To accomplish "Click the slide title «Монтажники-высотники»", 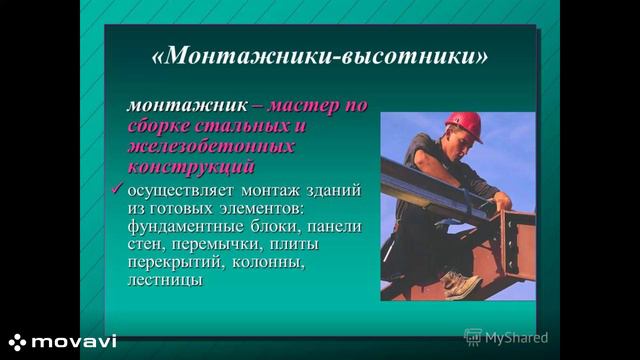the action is point(320,55).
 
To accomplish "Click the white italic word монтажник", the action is point(187,106).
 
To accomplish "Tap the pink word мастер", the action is point(303,106).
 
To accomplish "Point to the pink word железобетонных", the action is point(211,146).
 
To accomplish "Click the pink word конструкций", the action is point(191,167).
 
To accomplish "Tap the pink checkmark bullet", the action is point(117,189).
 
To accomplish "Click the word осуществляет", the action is point(181,191).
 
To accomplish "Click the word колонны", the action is point(268,262).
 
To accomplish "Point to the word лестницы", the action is point(165,280).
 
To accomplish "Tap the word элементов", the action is point(262,209).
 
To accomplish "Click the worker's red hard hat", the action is point(464,125).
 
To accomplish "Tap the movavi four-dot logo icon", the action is point(17,342).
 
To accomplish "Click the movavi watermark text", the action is point(74,342).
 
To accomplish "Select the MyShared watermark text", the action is point(516,338).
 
